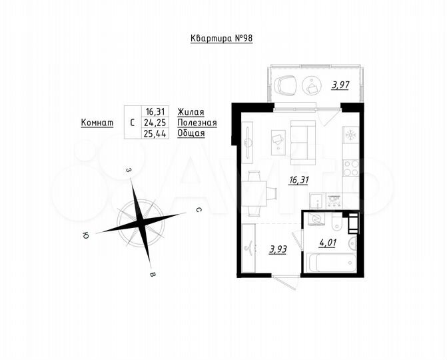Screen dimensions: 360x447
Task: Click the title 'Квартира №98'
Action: coord(222,39)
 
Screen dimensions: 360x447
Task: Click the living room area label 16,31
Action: coord(298,179)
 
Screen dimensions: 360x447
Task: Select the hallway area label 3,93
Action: coord(278,249)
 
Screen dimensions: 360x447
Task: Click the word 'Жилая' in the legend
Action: coord(191,112)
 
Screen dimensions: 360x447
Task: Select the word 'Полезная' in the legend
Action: coord(197,123)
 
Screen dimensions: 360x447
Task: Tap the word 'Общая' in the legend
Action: coord(191,133)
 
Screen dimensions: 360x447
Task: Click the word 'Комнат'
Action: coord(97,123)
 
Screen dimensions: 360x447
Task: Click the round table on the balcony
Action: coord(312,85)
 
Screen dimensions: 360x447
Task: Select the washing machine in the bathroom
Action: coord(318,219)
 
